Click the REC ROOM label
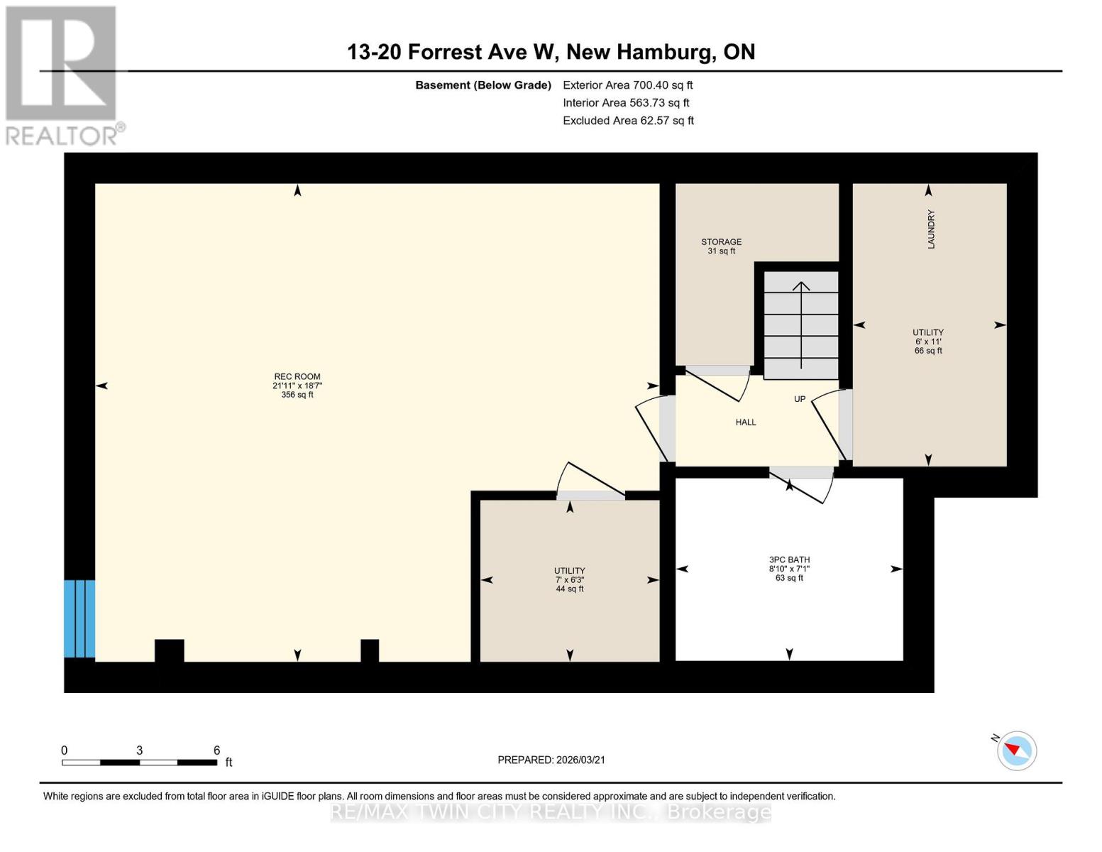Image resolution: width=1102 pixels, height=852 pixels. point(297,377)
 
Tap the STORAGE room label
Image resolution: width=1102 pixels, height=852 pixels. point(721,242)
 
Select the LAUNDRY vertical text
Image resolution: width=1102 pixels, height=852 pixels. point(931,229)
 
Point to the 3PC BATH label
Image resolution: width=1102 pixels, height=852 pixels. point(789,560)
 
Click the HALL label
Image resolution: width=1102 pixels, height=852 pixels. point(745,422)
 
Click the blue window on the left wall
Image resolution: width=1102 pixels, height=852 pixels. point(79,618)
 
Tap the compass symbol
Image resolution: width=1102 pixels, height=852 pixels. point(1017,750)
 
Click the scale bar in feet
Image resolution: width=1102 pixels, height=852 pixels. point(139,763)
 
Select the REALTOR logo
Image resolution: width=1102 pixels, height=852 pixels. point(62,75)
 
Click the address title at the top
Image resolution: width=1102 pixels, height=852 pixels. point(551,52)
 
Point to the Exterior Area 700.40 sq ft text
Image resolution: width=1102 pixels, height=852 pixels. point(627,85)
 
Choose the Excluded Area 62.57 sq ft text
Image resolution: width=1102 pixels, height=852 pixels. point(628,121)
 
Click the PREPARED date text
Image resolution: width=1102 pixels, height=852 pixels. point(551,760)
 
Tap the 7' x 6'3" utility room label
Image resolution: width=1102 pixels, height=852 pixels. point(569,579)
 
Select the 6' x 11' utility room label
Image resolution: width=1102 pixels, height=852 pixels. point(927,341)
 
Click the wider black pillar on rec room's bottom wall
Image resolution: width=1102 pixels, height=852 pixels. point(169,650)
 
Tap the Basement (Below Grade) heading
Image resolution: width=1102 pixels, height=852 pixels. point(483,85)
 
